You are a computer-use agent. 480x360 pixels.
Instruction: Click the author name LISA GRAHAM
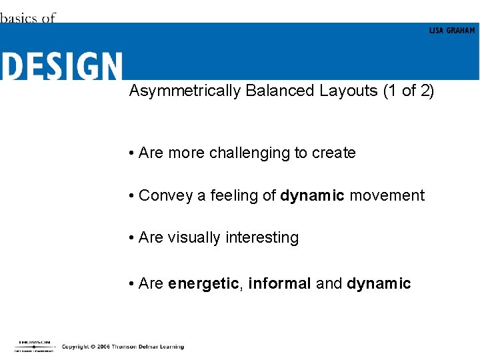[452, 31]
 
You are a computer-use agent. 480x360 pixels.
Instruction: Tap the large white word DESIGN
[61, 67]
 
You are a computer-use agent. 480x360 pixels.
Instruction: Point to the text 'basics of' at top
[27, 18]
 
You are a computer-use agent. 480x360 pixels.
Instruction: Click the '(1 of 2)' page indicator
[409, 91]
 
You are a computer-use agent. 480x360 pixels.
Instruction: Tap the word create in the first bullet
[334, 153]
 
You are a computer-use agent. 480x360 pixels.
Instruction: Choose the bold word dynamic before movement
[312, 196]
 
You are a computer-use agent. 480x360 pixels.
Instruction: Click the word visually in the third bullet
[194, 238]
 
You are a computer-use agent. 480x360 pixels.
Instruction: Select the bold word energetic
[203, 284]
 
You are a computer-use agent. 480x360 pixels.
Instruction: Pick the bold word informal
[279, 283]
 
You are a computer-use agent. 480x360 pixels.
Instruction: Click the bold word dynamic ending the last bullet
[379, 284]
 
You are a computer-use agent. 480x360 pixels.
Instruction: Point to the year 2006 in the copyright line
[101, 347]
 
